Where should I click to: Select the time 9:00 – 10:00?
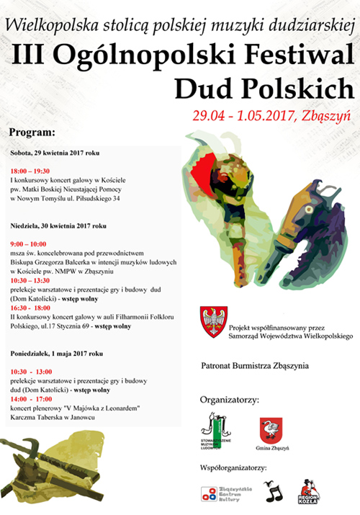point(28,244)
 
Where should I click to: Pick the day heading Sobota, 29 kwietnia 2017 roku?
point(55,153)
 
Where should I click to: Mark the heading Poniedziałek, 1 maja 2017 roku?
point(57,354)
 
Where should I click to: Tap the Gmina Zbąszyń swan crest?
point(271,429)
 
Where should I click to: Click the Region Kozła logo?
point(310,491)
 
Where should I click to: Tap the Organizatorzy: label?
point(228,399)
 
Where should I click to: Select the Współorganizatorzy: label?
point(233,468)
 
